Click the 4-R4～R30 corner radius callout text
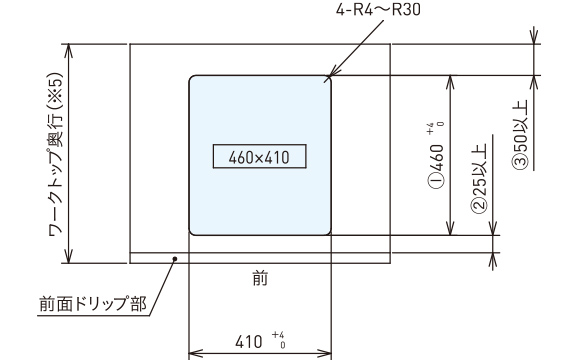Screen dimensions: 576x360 point(378,10)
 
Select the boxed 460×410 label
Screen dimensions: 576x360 point(259,156)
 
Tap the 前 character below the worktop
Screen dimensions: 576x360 point(260,279)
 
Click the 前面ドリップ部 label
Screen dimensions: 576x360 point(93,304)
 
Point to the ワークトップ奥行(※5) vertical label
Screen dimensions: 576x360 point(56,154)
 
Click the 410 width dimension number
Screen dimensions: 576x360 point(249,342)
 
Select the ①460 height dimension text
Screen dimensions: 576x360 point(436,166)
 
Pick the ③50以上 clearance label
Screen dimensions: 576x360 point(519,134)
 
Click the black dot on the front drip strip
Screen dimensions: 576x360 point(175,259)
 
